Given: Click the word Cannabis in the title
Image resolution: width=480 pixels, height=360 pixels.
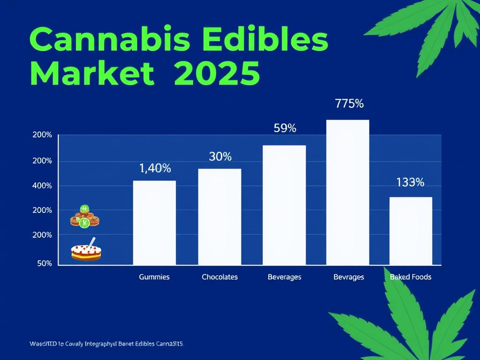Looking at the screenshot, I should coord(110,40).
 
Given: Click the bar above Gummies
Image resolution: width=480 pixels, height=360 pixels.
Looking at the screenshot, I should coord(154,223).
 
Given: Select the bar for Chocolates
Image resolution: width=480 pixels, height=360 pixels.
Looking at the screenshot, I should coord(219,217).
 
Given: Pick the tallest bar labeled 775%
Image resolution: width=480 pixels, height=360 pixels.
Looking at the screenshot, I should coord(347,193).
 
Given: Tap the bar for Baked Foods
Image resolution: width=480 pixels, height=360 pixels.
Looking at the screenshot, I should coord(411,231).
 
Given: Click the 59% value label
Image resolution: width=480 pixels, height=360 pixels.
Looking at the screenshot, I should coord(285,128).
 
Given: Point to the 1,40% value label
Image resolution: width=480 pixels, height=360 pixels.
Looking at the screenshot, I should coord(155,169).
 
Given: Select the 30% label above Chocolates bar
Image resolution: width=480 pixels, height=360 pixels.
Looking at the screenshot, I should coord(220,157).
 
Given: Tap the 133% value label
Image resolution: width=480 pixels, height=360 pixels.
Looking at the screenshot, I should coord(410,183).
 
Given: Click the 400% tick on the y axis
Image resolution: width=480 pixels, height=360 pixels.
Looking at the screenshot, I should coord(42,186).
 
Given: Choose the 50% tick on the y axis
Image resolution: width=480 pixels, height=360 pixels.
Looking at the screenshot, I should coord(44,263).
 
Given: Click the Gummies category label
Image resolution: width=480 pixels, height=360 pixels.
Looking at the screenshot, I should coord(154,277).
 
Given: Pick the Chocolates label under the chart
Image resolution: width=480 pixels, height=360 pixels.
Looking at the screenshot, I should coord(219,277).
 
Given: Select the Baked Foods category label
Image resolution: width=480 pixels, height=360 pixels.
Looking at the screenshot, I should coord(411,277).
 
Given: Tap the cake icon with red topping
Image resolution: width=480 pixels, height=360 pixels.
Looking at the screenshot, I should coord(86,252).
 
